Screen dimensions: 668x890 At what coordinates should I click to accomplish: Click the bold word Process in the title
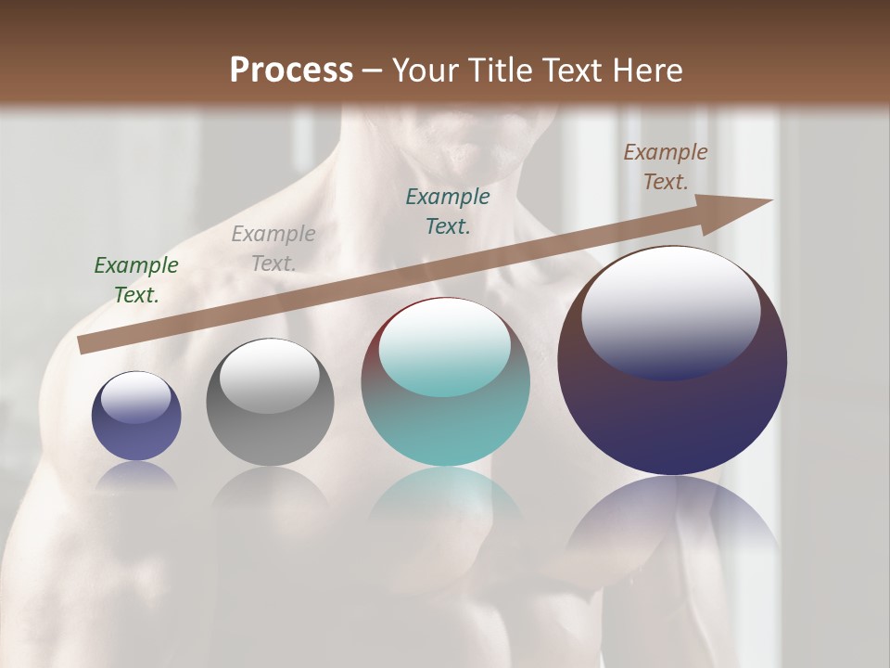click(x=291, y=71)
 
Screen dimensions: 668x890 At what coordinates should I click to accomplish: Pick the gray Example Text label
click(x=273, y=249)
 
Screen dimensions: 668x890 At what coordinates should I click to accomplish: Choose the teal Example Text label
click(x=448, y=211)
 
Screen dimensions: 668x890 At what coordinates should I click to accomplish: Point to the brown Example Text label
click(x=666, y=167)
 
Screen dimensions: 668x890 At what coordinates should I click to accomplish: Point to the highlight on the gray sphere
click(x=270, y=373)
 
